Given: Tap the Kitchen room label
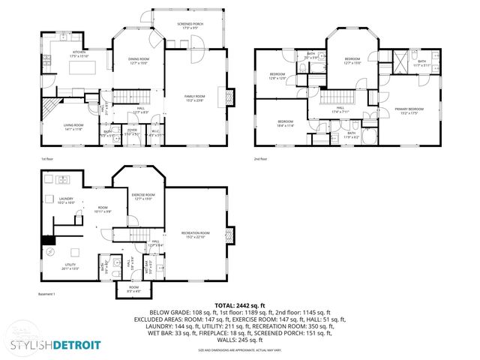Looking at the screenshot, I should (x=79, y=54).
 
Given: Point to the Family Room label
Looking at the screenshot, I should (x=195, y=97).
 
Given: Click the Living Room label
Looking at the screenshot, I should (x=73, y=127).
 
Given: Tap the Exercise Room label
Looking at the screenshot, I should (x=142, y=196).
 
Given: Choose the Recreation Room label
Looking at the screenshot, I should (x=195, y=235).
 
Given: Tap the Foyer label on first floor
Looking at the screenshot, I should (x=132, y=132).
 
